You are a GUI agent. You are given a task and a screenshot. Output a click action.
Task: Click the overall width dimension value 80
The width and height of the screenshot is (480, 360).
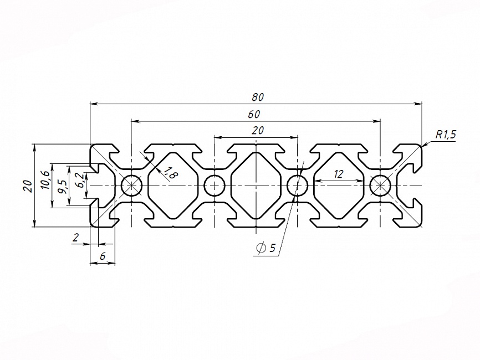pos(257,97)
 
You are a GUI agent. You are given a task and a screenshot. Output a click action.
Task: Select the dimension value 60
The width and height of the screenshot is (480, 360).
pos(254,114)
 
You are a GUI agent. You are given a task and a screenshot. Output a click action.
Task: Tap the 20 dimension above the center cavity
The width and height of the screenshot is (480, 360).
pos(257,131)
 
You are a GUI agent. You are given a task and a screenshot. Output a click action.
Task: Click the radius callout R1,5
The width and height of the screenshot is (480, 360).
pos(445,135)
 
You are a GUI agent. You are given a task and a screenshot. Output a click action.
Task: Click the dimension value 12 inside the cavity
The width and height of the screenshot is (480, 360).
pos(338,174)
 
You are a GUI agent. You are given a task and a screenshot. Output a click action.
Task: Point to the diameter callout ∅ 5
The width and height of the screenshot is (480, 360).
pos(266,248)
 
